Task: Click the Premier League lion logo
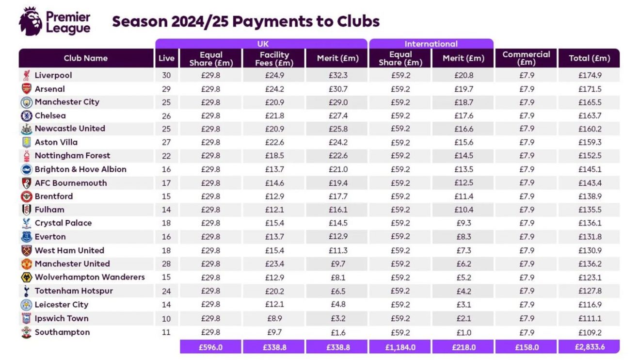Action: point(30,21)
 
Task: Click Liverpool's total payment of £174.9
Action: point(589,76)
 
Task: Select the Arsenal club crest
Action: point(26,89)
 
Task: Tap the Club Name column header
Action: point(85,58)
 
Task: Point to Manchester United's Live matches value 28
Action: point(166,264)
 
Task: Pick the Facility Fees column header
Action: point(274,58)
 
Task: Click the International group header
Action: point(431,44)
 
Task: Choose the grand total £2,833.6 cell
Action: point(589,347)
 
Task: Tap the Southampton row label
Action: point(62,332)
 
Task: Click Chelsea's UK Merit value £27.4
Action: point(337,116)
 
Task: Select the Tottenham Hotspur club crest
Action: point(26,291)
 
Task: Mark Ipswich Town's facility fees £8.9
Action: point(274,319)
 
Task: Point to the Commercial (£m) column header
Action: point(526,58)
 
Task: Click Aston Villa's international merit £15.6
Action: point(463,143)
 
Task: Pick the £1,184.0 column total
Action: point(400,347)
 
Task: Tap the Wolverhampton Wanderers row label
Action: point(90,278)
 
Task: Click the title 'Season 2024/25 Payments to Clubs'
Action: point(246,21)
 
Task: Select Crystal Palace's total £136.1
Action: point(589,223)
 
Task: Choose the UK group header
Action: point(262,44)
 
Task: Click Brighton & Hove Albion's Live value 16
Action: point(166,169)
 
